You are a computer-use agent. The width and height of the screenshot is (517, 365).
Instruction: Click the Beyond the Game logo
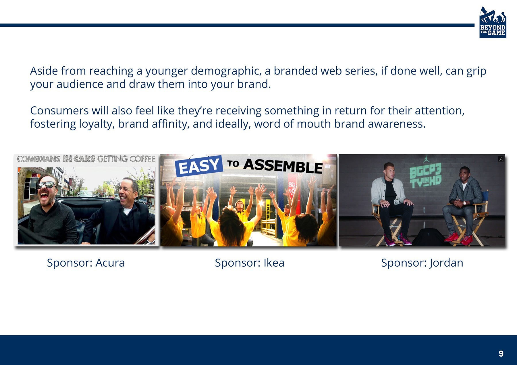point(493,22)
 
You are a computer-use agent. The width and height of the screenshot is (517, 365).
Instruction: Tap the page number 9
point(501,354)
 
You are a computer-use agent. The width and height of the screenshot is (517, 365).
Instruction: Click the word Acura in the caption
point(110,263)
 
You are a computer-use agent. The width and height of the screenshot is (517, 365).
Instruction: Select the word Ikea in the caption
point(274,263)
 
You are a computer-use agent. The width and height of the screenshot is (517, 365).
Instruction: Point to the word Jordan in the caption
point(446,263)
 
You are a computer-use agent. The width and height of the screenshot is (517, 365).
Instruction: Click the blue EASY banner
point(199,166)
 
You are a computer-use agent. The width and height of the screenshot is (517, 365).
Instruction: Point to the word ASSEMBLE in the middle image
point(283,166)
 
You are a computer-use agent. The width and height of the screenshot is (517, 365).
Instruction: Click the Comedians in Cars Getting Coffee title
point(86,159)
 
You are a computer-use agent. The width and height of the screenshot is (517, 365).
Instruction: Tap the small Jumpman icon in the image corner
point(501,159)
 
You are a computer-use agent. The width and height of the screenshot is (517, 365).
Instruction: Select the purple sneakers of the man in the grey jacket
point(398,239)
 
